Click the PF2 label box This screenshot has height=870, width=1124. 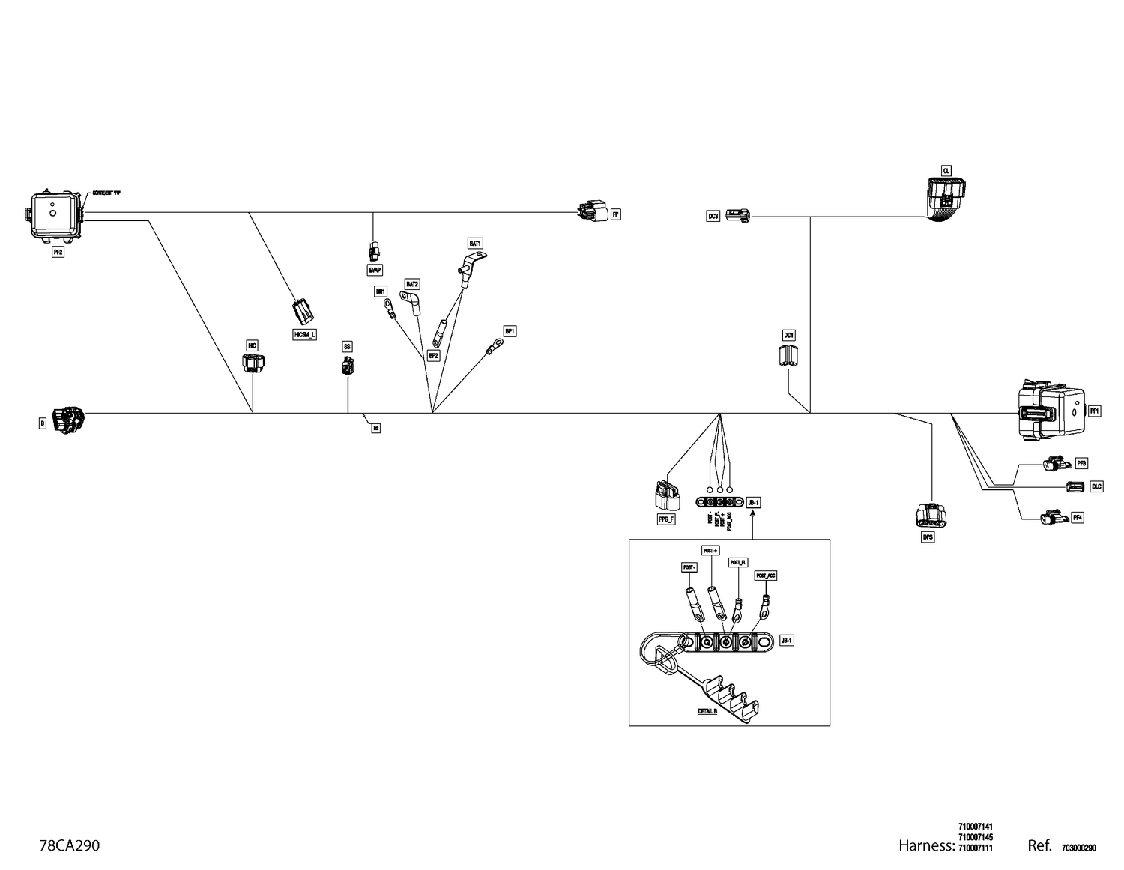[58, 253]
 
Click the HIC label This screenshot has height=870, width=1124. [253, 345]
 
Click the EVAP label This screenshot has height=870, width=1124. [374, 268]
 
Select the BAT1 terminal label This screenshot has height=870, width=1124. [475, 244]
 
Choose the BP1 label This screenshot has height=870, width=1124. [510, 330]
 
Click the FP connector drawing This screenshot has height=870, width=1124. [591, 213]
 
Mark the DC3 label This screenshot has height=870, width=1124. [713, 217]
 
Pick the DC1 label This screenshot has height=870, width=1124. [788, 335]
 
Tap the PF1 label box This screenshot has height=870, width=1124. [1095, 411]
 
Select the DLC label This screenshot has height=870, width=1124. [1096, 486]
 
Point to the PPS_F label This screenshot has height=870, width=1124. [665, 519]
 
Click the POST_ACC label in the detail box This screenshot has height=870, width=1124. [766, 576]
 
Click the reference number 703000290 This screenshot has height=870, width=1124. [1078, 848]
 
